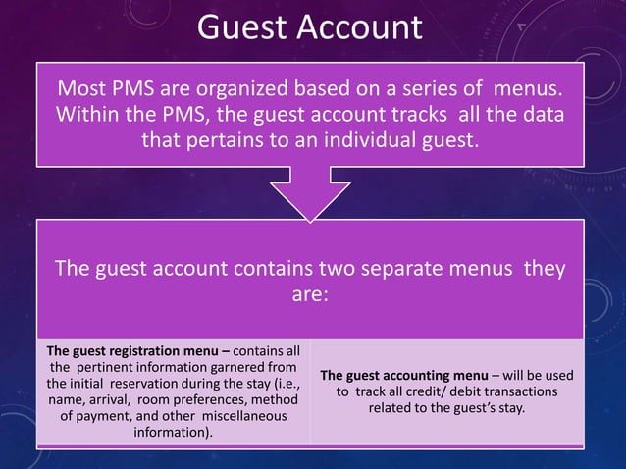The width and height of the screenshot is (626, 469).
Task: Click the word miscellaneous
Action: (x=244, y=417)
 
